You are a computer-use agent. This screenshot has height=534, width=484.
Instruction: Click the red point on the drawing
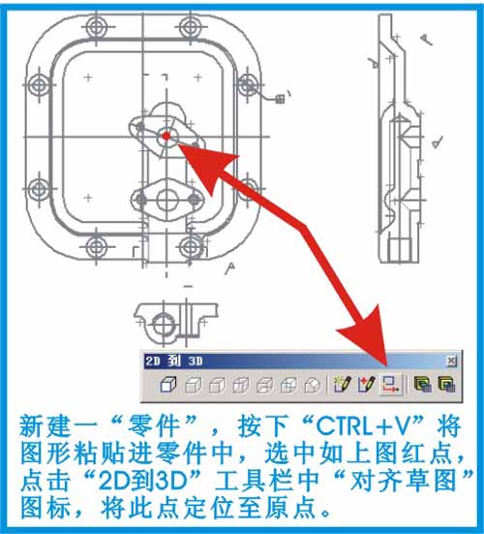point(166,137)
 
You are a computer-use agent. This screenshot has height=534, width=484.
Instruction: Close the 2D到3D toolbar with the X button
point(451,361)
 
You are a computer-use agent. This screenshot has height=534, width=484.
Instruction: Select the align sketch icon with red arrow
point(391,385)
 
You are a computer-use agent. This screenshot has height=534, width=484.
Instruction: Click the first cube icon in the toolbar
point(168,385)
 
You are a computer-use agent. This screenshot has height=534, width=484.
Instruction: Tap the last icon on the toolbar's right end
point(446,385)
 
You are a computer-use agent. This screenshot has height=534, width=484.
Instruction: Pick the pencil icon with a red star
point(367,385)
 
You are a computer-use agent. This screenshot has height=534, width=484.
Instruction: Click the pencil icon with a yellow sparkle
point(343,385)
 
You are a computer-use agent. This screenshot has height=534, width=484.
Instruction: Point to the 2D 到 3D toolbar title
point(174,361)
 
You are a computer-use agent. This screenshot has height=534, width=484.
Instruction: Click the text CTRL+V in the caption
point(370,426)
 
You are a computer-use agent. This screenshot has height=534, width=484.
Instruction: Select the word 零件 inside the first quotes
point(153,426)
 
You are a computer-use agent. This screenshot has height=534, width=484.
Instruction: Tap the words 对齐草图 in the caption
point(403,481)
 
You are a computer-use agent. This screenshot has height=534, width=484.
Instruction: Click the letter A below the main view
point(230,268)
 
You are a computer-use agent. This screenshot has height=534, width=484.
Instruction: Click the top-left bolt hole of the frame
point(97,26)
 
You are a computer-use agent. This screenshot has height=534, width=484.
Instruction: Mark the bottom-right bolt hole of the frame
point(190,247)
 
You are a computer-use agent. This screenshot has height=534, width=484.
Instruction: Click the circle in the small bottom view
point(164,325)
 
